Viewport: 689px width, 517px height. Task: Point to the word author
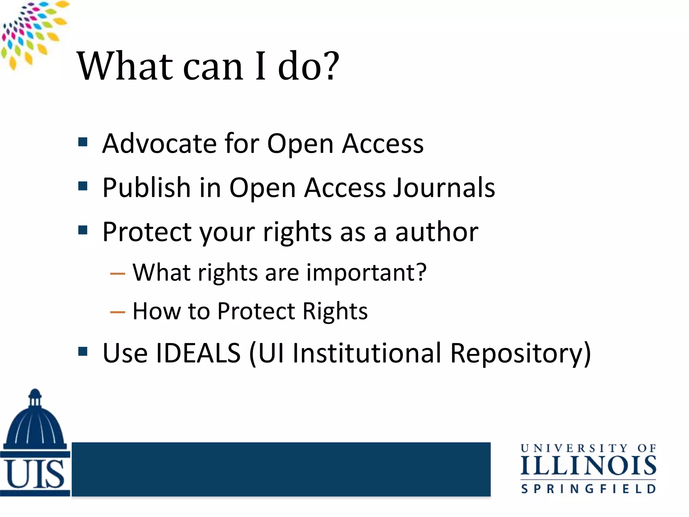click(437, 232)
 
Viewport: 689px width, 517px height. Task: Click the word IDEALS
click(198, 353)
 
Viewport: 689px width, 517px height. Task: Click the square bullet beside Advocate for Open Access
click(83, 142)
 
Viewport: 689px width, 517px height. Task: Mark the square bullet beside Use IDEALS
click(83, 351)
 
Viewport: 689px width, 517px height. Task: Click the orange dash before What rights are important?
click(118, 274)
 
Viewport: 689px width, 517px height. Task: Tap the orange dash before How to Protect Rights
click(118, 312)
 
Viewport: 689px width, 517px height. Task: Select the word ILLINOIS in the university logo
click(588, 466)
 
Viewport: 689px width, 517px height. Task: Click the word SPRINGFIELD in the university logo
click(588, 489)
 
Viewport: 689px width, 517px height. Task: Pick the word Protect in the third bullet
click(147, 232)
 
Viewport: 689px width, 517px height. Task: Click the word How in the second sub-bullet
click(156, 311)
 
